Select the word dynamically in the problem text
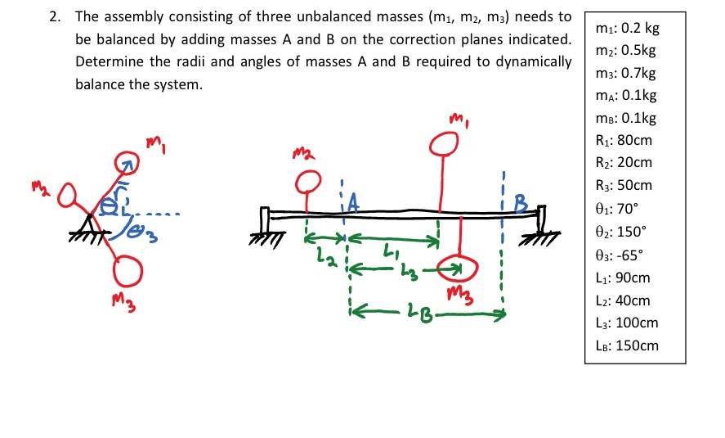(534, 61)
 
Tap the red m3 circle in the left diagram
(128, 269)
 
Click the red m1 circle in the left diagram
(128, 162)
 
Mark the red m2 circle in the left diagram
(67, 195)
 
